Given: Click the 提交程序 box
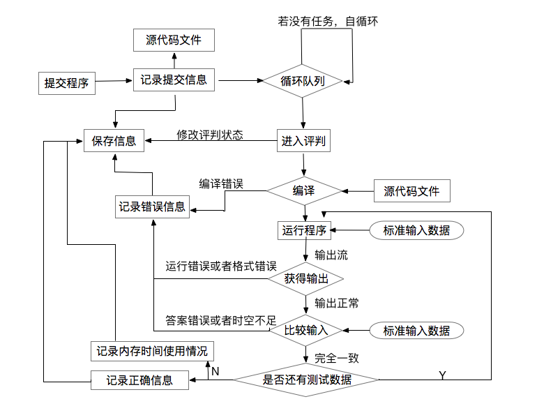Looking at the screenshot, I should [66, 84].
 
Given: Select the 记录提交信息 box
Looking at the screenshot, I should [174, 79].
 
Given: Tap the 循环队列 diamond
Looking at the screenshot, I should [303, 80].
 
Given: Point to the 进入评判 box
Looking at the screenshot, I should [303, 141].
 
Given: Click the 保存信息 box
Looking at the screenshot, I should [114, 141].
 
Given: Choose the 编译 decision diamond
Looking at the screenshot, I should [303, 190].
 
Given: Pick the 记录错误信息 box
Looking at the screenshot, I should [152, 206].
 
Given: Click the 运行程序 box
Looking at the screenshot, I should [305, 230].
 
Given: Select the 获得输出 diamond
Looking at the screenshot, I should [305, 278].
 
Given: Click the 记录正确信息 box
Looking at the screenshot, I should [139, 380].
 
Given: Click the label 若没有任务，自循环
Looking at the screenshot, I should [328, 21].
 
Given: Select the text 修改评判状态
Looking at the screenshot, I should [209, 135].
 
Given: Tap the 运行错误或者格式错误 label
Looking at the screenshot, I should [221, 266].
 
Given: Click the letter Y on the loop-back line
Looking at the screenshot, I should [442, 375].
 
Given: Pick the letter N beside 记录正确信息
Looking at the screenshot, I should [215, 372].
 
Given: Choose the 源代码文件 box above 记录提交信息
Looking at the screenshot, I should [174, 40].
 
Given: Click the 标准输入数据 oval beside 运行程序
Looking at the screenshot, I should [416, 230].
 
